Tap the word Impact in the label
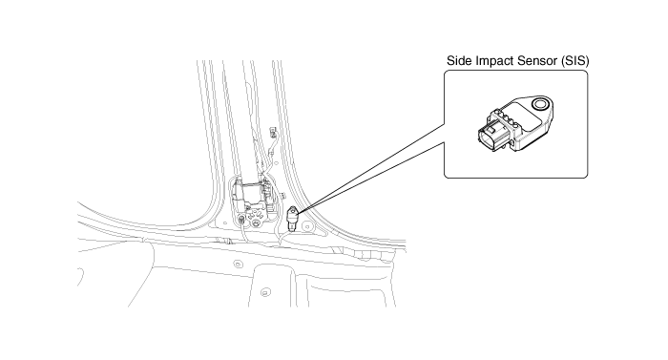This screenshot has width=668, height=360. (x=494, y=61)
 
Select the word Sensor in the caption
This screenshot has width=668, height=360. (x=536, y=61)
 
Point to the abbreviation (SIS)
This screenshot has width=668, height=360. (x=575, y=61)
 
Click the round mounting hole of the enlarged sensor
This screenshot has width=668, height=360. (x=540, y=104)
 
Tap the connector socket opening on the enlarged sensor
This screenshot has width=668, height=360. (x=489, y=139)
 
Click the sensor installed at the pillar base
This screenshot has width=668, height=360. (x=293, y=217)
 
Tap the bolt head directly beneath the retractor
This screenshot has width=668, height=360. (x=256, y=222)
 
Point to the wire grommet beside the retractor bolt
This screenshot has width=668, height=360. (x=242, y=221)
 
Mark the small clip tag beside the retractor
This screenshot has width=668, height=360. (x=282, y=196)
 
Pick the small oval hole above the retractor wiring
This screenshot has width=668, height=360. (x=277, y=163)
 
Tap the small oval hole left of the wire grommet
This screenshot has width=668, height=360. (x=225, y=222)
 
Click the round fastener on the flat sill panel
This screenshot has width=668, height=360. (x=238, y=265)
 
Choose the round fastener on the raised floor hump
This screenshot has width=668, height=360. (x=265, y=293)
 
